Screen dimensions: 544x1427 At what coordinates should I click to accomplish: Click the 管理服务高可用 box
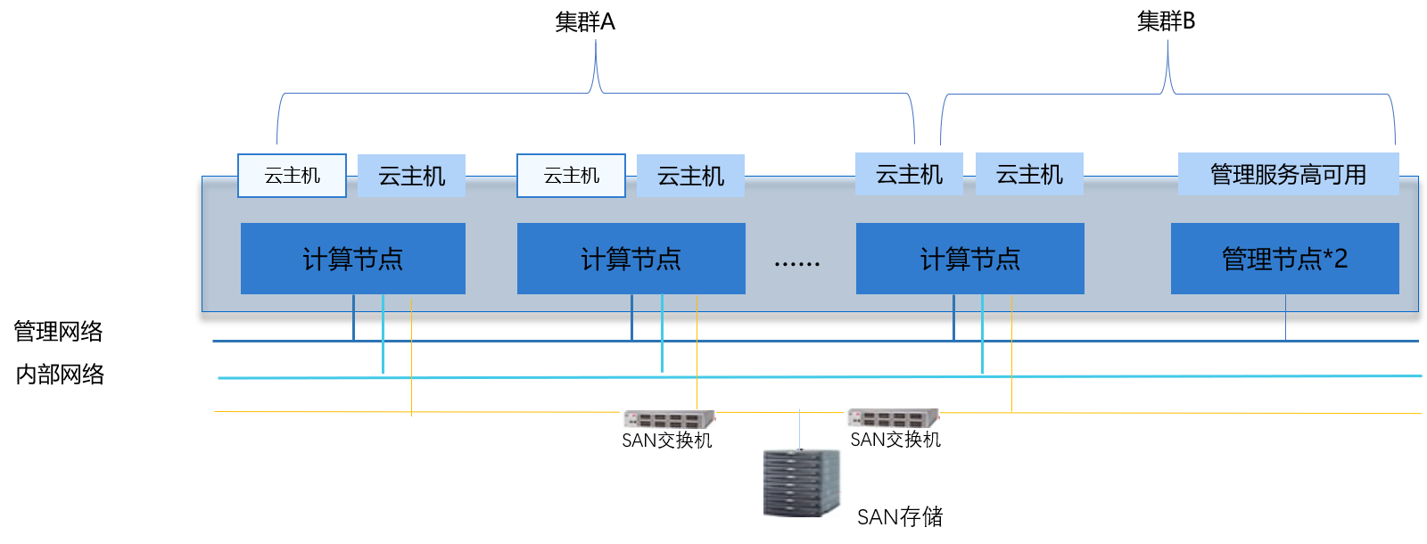tap(1288, 174)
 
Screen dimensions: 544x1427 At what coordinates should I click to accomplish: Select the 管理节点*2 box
tap(1284, 259)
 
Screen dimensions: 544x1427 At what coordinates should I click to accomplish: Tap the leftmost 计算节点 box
tap(352, 259)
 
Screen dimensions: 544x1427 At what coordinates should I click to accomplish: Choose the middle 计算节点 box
tap(631, 259)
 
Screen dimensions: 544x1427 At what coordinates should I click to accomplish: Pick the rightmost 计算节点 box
tap(969, 259)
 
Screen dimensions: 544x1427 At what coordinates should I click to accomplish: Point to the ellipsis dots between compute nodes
tap(796, 264)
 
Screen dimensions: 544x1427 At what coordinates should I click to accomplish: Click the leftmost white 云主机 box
tap(292, 176)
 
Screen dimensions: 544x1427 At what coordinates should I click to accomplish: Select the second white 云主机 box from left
tap(571, 176)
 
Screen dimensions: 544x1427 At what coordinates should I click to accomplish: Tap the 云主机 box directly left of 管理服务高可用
tap(1029, 174)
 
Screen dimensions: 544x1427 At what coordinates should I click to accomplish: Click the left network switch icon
tap(667, 419)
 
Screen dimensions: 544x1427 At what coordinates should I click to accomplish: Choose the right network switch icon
tap(891, 418)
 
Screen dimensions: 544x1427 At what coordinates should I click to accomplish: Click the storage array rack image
tap(802, 482)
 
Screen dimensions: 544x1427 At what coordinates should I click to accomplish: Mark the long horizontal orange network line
tap(1159, 413)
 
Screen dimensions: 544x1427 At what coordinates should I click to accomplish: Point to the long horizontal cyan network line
tap(1159, 376)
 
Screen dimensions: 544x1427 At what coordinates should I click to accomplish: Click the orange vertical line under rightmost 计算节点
tap(1011, 357)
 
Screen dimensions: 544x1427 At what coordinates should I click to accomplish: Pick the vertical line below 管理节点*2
tap(1285, 317)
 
